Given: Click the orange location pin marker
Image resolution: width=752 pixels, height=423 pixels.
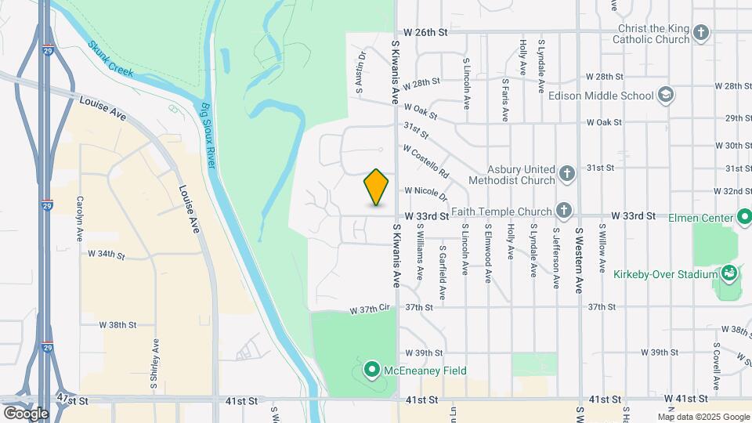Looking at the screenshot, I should (377, 187).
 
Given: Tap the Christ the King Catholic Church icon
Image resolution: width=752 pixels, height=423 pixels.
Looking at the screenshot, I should (700, 33).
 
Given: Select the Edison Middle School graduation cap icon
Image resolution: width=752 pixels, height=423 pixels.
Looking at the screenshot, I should (665, 96).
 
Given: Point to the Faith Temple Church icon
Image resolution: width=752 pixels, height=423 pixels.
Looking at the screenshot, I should (563, 210).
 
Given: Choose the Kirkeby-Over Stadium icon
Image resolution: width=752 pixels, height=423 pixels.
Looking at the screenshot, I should (729, 273).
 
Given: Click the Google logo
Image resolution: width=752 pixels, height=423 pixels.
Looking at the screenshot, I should (26, 413).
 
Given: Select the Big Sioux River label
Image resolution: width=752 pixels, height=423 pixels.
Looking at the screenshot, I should (208, 131).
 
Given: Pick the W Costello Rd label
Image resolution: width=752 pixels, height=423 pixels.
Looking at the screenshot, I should (426, 160).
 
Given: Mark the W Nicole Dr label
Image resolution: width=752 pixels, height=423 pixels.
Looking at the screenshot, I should (425, 190).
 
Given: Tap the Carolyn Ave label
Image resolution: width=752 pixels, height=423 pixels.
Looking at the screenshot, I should (80, 212).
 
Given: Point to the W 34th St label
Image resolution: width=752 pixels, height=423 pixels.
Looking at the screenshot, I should (107, 254).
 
